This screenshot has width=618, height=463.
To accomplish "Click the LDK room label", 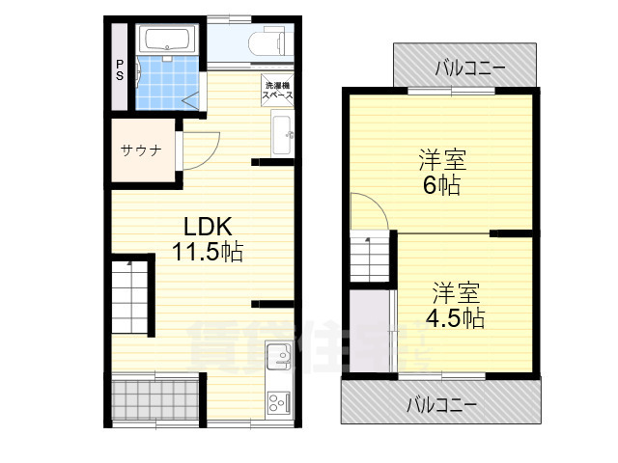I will pyautogui.click(x=207, y=228).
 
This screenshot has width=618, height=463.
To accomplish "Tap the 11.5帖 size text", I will pyautogui.click(x=207, y=253).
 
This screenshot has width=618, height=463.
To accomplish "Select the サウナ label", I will pyautogui.click(x=140, y=150).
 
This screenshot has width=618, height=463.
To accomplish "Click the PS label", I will pyautogui.click(x=120, y=70).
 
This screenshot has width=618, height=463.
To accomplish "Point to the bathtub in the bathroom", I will pyautogui.click(x=168, y=41).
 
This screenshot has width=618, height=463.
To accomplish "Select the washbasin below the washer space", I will pyautogui.click(x=281, y=133).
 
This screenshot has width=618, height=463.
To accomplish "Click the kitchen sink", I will pyautogui.click(x=278, y=357).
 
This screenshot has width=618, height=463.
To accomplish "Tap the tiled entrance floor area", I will pyautogui.click(x=153, y=396).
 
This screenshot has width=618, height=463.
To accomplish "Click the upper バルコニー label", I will pyautogui.click(x=463, y=68).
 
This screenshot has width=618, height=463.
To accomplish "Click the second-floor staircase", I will pyautogui.click(x=368, y=259).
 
